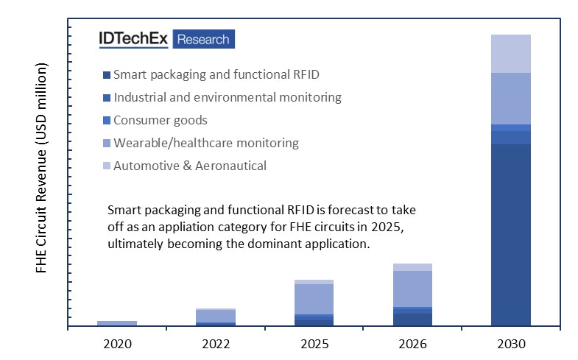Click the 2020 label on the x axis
[x=117, y=343]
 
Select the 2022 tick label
[x=215, y=343]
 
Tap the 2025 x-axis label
[x=314, y=343]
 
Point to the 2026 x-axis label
[x=412, y=343]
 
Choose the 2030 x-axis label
[x=510, y=343]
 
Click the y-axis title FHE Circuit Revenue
[x=41, y=168]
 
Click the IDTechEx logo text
[x=134, y=39]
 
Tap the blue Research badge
[x=204, y=39]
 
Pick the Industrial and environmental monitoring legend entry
[x=227, y=97]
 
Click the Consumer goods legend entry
[x=160, y=120]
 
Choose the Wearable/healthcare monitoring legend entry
[x=205, y=143]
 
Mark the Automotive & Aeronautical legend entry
[x=189, y=166]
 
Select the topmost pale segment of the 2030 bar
[x=510, y=53]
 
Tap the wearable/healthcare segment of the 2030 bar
[x=510, y=98]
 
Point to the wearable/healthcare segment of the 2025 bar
[x=314, y=299]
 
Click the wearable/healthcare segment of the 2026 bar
[x=412, y=289]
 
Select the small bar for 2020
[x=117, y=323]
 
